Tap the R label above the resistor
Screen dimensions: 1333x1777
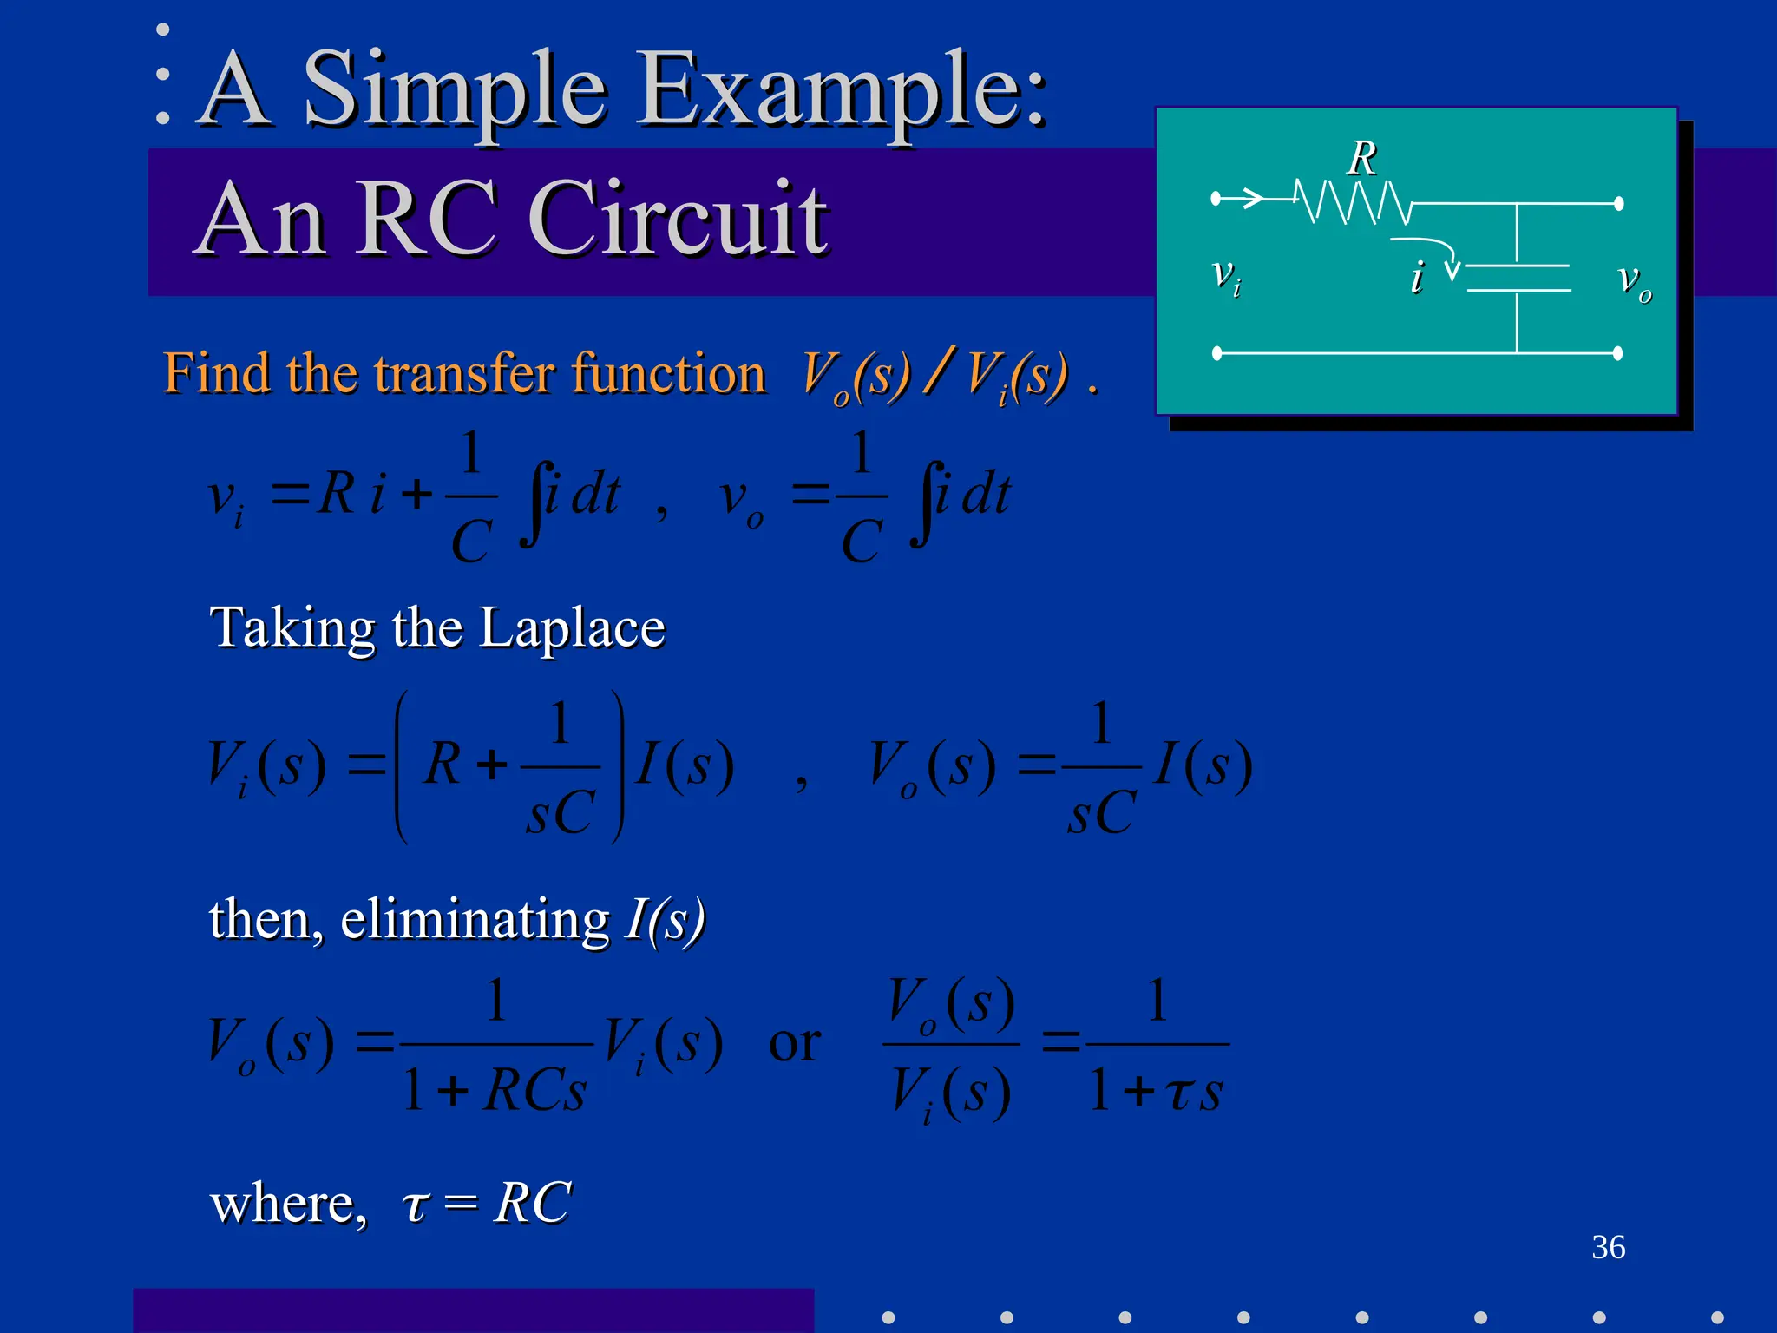[1362, 159]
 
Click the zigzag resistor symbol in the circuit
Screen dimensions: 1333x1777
[1352, 202]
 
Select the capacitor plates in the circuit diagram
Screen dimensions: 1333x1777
[1518, 278]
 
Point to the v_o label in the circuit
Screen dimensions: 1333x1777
[1634, 281]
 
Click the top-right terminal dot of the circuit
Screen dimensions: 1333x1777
[1618, 204]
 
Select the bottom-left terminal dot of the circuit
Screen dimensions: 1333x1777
[1217, 353]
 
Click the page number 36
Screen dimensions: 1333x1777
[1608, 1247]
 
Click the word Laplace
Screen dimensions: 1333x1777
[572, 628]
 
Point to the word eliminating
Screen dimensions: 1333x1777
[475, 920]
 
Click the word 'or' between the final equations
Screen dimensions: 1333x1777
[794, 1043]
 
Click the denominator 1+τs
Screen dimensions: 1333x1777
[1156, 1090]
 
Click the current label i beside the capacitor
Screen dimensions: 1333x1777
[1417, 278]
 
